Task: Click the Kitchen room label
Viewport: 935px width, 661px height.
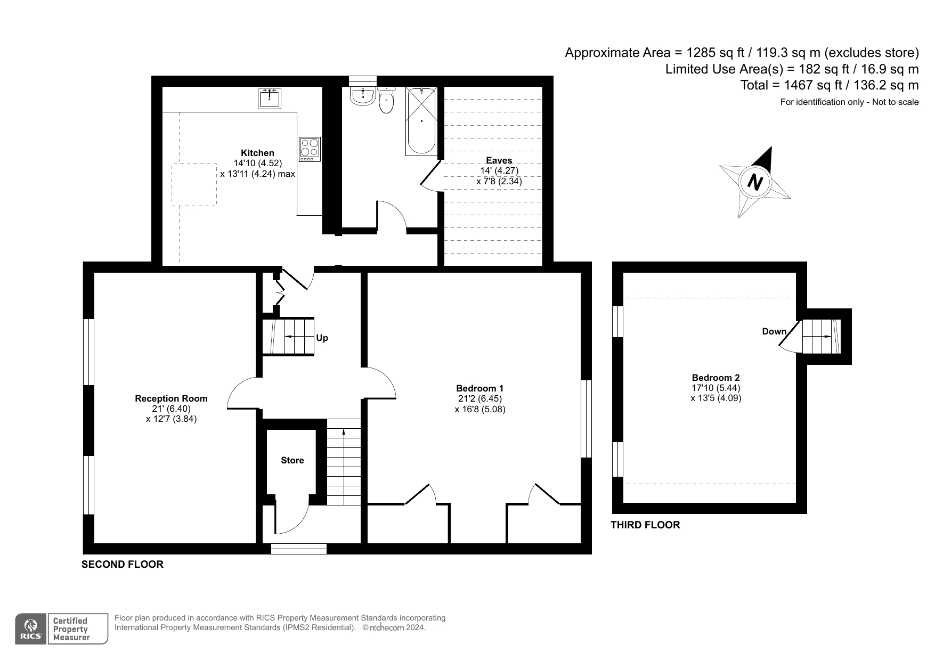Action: pos(257,153)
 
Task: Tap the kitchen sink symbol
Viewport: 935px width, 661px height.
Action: pos(270,99)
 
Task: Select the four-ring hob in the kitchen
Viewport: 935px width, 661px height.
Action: pos(310,149)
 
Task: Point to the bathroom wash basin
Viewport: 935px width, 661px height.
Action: pos(363,96)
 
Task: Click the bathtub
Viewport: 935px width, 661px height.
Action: pos(421,121)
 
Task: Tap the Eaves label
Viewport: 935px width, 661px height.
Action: pos(499,160)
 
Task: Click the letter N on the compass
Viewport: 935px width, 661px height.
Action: pos(755,182)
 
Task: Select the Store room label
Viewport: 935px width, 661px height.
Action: pos(292,460)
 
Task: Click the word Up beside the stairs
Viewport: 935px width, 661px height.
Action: pos(322,338)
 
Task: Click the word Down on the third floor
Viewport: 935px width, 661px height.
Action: pos(774,331)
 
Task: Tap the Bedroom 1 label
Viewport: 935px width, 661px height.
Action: pos(479,388)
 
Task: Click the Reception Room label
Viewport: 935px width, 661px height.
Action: pos(171,398)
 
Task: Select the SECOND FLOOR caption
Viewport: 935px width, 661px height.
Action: pos(122,564)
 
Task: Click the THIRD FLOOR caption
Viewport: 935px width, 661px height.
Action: pos(645,525)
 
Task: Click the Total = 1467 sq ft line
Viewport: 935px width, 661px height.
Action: pos(830,85)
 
